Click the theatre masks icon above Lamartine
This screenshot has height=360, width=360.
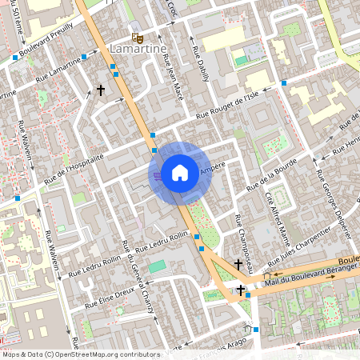[x=138, y=37]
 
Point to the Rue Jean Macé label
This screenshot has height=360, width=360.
[x=174, y=77]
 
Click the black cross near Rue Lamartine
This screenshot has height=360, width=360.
[x=101, y=91]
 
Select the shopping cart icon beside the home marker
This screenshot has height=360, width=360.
[x=158, y=175]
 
